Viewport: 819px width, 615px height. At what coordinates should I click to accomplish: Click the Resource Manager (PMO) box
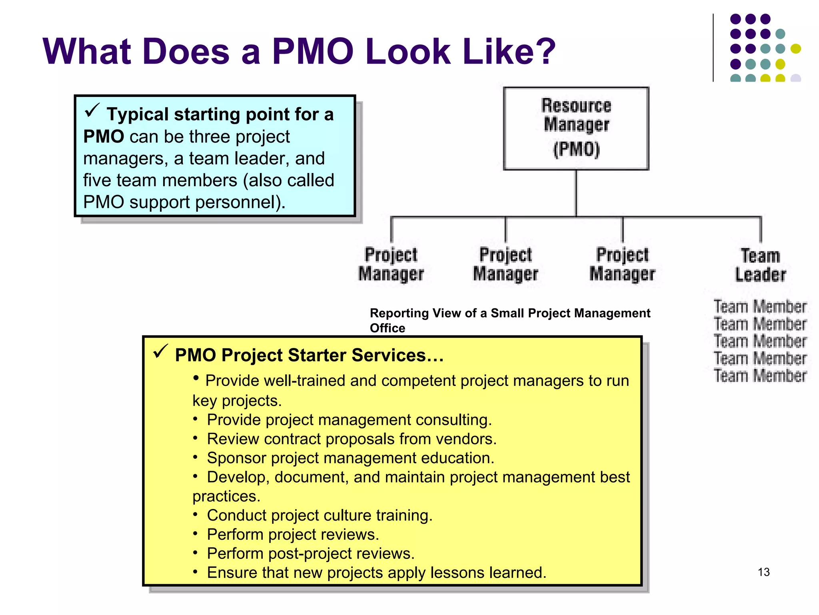[x=576, y=128]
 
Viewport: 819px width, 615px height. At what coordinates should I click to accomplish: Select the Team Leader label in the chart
[x=760, y=265]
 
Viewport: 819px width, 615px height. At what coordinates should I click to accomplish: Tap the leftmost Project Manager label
[x=391, y=264]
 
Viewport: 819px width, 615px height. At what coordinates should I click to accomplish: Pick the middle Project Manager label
[x=505, y=264]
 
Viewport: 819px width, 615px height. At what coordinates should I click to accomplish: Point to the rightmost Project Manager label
[x=622, y=264]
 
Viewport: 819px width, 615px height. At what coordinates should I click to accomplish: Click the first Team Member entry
[x=760, y=307]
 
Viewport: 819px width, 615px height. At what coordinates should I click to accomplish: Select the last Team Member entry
[x=760, y=376]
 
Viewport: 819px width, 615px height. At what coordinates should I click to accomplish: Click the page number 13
[x=763, y=572]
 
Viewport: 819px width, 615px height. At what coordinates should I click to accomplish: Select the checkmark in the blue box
[x=92, y=111]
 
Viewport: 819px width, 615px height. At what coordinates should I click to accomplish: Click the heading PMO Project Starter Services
[x=309, y=355]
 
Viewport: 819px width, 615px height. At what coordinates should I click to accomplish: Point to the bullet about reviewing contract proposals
[x=352, y=439]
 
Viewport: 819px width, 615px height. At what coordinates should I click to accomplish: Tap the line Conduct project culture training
[x=320, y=515]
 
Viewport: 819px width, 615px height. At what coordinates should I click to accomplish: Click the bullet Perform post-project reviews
[x=311, y=553]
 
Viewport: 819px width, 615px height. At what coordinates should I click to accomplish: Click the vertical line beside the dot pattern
[x=713, y=48]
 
